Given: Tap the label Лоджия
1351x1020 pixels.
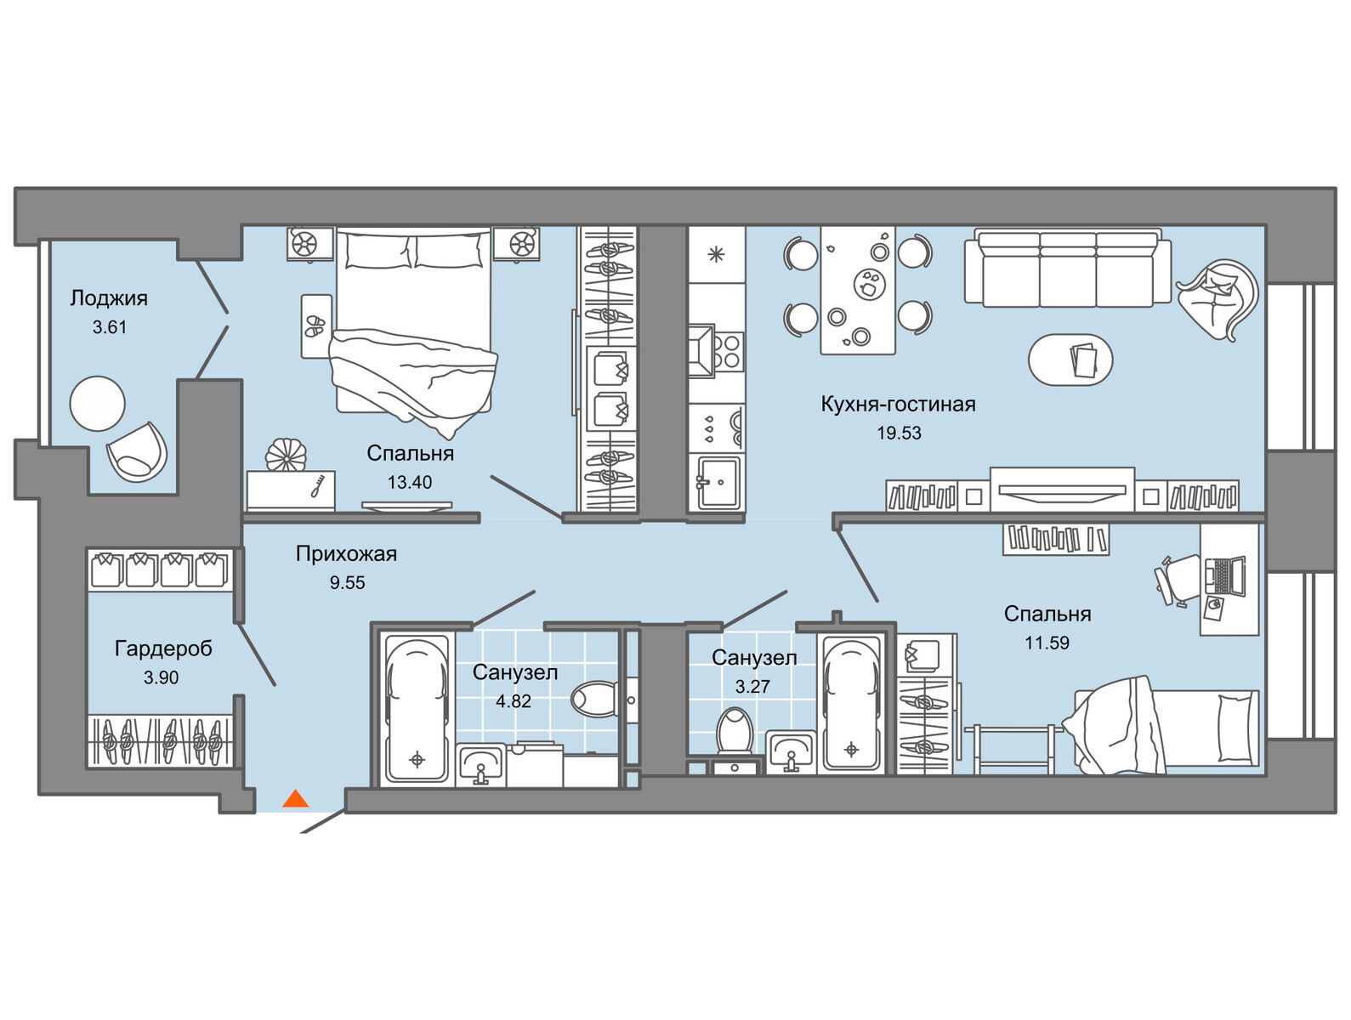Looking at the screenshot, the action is (109, 298).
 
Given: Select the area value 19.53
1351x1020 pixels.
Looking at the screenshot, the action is (899, 433).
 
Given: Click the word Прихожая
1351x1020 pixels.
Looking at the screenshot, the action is (346, 553).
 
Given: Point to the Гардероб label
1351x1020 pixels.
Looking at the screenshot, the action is (164, 649).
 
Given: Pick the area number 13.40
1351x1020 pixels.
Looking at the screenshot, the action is (409, 482).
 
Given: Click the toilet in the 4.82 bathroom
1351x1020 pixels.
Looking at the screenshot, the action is (594, 700).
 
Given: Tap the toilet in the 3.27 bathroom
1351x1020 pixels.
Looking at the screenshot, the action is (735, 730).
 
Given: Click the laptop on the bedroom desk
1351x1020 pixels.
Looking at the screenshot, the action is (1224, 576).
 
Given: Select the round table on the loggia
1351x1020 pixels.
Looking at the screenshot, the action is (97, 404).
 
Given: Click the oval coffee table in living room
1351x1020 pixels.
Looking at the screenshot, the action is (1070, 360).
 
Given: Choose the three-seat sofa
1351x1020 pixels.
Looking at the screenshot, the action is (1067, 268).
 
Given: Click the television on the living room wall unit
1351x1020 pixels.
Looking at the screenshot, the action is (1062, 490).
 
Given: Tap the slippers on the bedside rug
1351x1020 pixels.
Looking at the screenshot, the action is (315, 326).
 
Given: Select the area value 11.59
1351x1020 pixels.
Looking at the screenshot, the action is (1047, 643).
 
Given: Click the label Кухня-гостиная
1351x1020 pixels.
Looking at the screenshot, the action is (898, 405).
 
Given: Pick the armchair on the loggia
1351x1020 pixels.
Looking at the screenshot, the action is (137, 452).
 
